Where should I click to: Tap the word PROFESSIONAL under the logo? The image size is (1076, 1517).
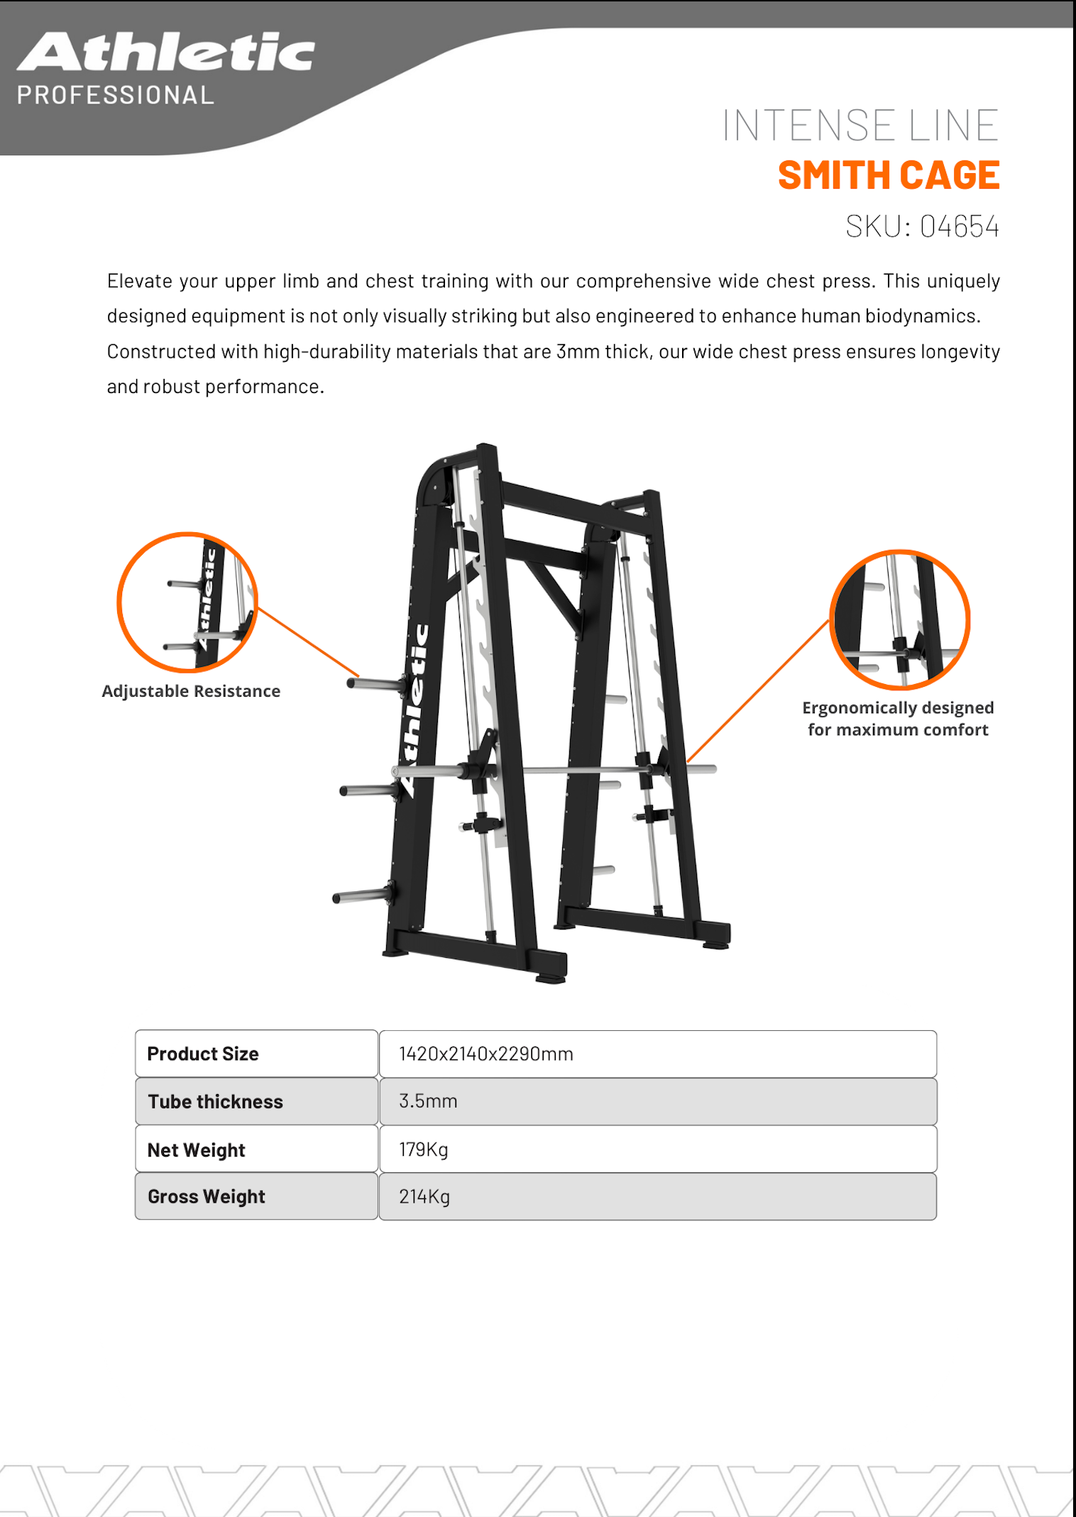[x=115, y=95]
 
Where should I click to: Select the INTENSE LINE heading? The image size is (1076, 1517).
[x=860, y=126]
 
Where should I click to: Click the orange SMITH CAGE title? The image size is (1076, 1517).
[x=889, y=175]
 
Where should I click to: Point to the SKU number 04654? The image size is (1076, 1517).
[x=959, y=227]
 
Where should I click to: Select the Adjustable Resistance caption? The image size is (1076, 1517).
[x=191, y=691]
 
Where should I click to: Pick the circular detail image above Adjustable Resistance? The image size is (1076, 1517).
[x=187, y=602]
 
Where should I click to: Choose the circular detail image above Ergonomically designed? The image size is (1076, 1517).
[x=899, y=619]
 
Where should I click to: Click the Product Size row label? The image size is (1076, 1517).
[x=203, y=1054]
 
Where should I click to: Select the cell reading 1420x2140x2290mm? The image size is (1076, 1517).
[x=486, y=1054]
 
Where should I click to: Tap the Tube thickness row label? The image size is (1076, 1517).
[x=215, y=1101]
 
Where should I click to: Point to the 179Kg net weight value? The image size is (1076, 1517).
[x=423, y=1149]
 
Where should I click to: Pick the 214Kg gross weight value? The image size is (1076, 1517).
[x=424, y=1197]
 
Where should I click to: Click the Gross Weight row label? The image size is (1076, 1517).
[x=206, y=1197]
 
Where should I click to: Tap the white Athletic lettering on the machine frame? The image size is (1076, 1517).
[x=415, y=710]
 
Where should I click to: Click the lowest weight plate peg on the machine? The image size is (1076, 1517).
[x=361, y=895]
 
